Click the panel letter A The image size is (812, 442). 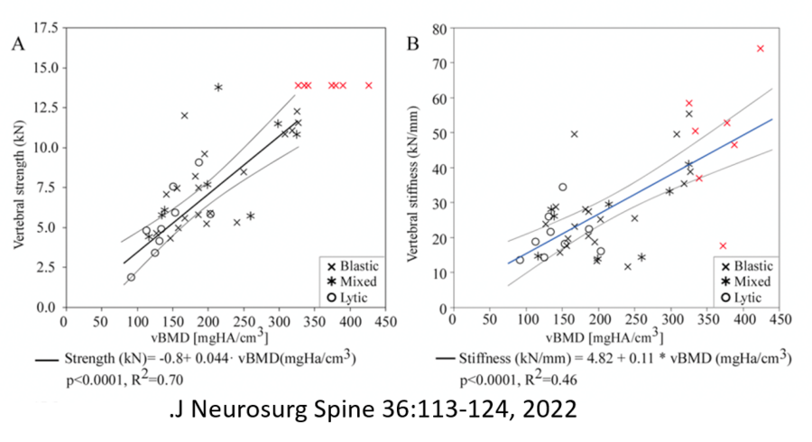click(x=17, y=42)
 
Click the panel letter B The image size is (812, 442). click(x=413, y=42)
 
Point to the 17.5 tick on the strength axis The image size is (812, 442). click(x=45, y=28)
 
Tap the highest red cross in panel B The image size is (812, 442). click(x=760, y=49)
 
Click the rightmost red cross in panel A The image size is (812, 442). click(x=368, y=86)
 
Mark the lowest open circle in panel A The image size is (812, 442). click(x=131, y=278)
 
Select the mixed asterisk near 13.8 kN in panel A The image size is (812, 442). click(x=218, y=87)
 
